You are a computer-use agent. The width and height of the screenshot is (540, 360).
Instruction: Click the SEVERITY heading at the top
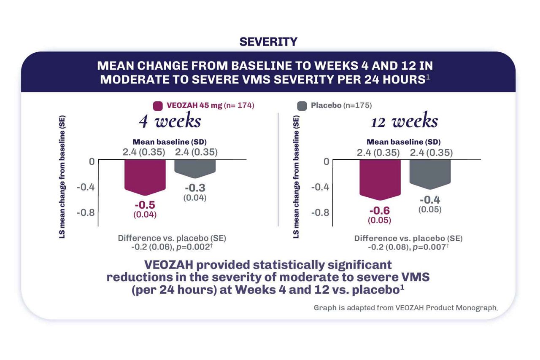pyautogui.click(x=268, y=42)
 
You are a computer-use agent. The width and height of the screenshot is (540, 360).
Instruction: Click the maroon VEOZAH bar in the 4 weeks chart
pyautogui.click(x=145, y=177)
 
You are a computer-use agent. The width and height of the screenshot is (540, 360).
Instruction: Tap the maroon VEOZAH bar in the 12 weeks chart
pyautogui.click(x=380, y=179)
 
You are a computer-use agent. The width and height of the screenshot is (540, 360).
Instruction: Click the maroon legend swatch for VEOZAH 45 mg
pyautogui.click(x=158, y=105)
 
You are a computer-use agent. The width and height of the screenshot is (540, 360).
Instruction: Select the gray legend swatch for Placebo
pyautogui.click(x=302, y=105)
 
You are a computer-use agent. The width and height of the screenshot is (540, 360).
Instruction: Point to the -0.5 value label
pyautogui.click(x=145, y=205)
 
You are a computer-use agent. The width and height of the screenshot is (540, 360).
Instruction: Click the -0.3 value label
pyautogui.click(x=195, y=188)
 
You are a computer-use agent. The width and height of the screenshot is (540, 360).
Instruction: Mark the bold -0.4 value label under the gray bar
pyautogui.click(x=430, y=200)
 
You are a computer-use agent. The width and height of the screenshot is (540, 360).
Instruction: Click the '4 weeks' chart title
pyautogui.click(x=170, y=121)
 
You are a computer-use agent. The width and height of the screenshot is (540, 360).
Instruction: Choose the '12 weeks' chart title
pyautogui.click(x=404, y=121)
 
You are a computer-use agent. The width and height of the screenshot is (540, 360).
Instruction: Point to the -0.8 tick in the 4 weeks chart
pyautogui.click(x=85, y=212)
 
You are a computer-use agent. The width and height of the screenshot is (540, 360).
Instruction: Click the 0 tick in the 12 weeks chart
pyautogui.click(x=326, y=161)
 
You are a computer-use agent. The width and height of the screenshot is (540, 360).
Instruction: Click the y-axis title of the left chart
pyautogui.click(x=62, y=177)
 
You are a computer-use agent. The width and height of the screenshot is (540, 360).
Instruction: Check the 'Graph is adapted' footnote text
pyautogui.click(x=405, y=307)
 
